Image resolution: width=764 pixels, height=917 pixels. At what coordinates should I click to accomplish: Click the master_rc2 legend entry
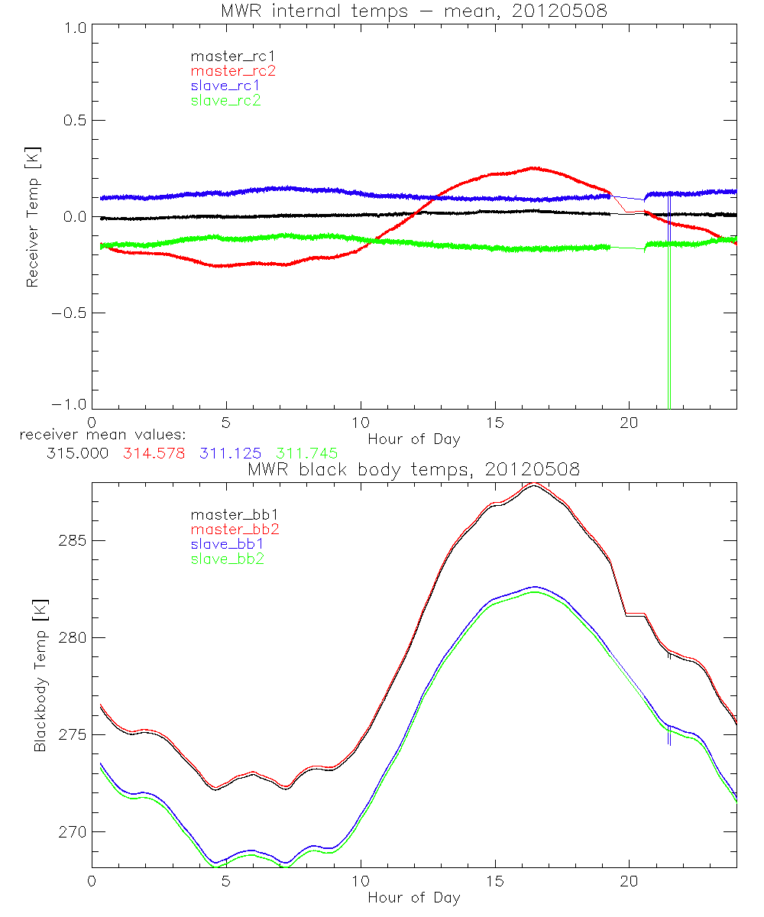pyautogui.click(x=232, y=71)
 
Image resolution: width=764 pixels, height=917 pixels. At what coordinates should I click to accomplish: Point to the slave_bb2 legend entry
pyautogui.click(x=228, y=559)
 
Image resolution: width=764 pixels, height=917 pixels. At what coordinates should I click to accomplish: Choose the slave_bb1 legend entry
pyautogui.click(x=228, y=544)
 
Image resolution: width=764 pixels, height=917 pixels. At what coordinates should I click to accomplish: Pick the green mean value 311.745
pyautogui.click(x=306, y=453)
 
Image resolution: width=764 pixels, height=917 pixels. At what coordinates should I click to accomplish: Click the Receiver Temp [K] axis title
pyautogui.click(x=33, y=218)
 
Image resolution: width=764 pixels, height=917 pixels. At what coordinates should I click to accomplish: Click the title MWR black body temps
pyautogui.click(x=413, y=470)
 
